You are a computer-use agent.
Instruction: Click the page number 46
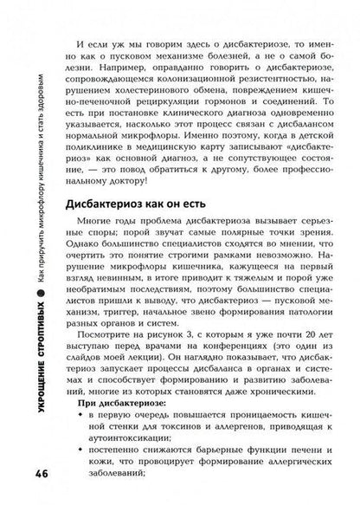[x=24, y=477]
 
